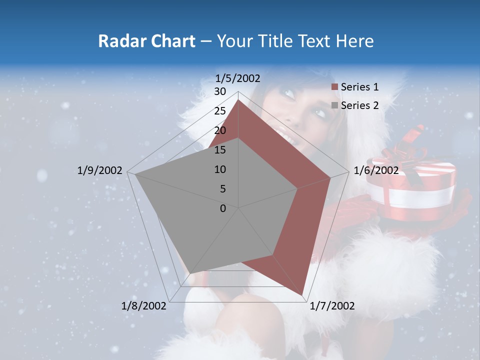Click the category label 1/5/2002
238,78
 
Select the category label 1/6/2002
376,170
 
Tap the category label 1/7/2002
332,306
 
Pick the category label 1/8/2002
144,306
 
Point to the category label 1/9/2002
100,170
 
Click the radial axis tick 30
220,91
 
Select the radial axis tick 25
220,111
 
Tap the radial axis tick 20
220,130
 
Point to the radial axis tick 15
220,150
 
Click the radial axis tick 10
220,169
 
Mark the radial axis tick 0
223,208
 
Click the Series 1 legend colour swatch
335,87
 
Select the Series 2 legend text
359,105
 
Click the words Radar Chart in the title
146,41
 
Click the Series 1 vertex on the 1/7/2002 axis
302,295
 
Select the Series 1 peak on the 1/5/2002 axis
238,100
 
